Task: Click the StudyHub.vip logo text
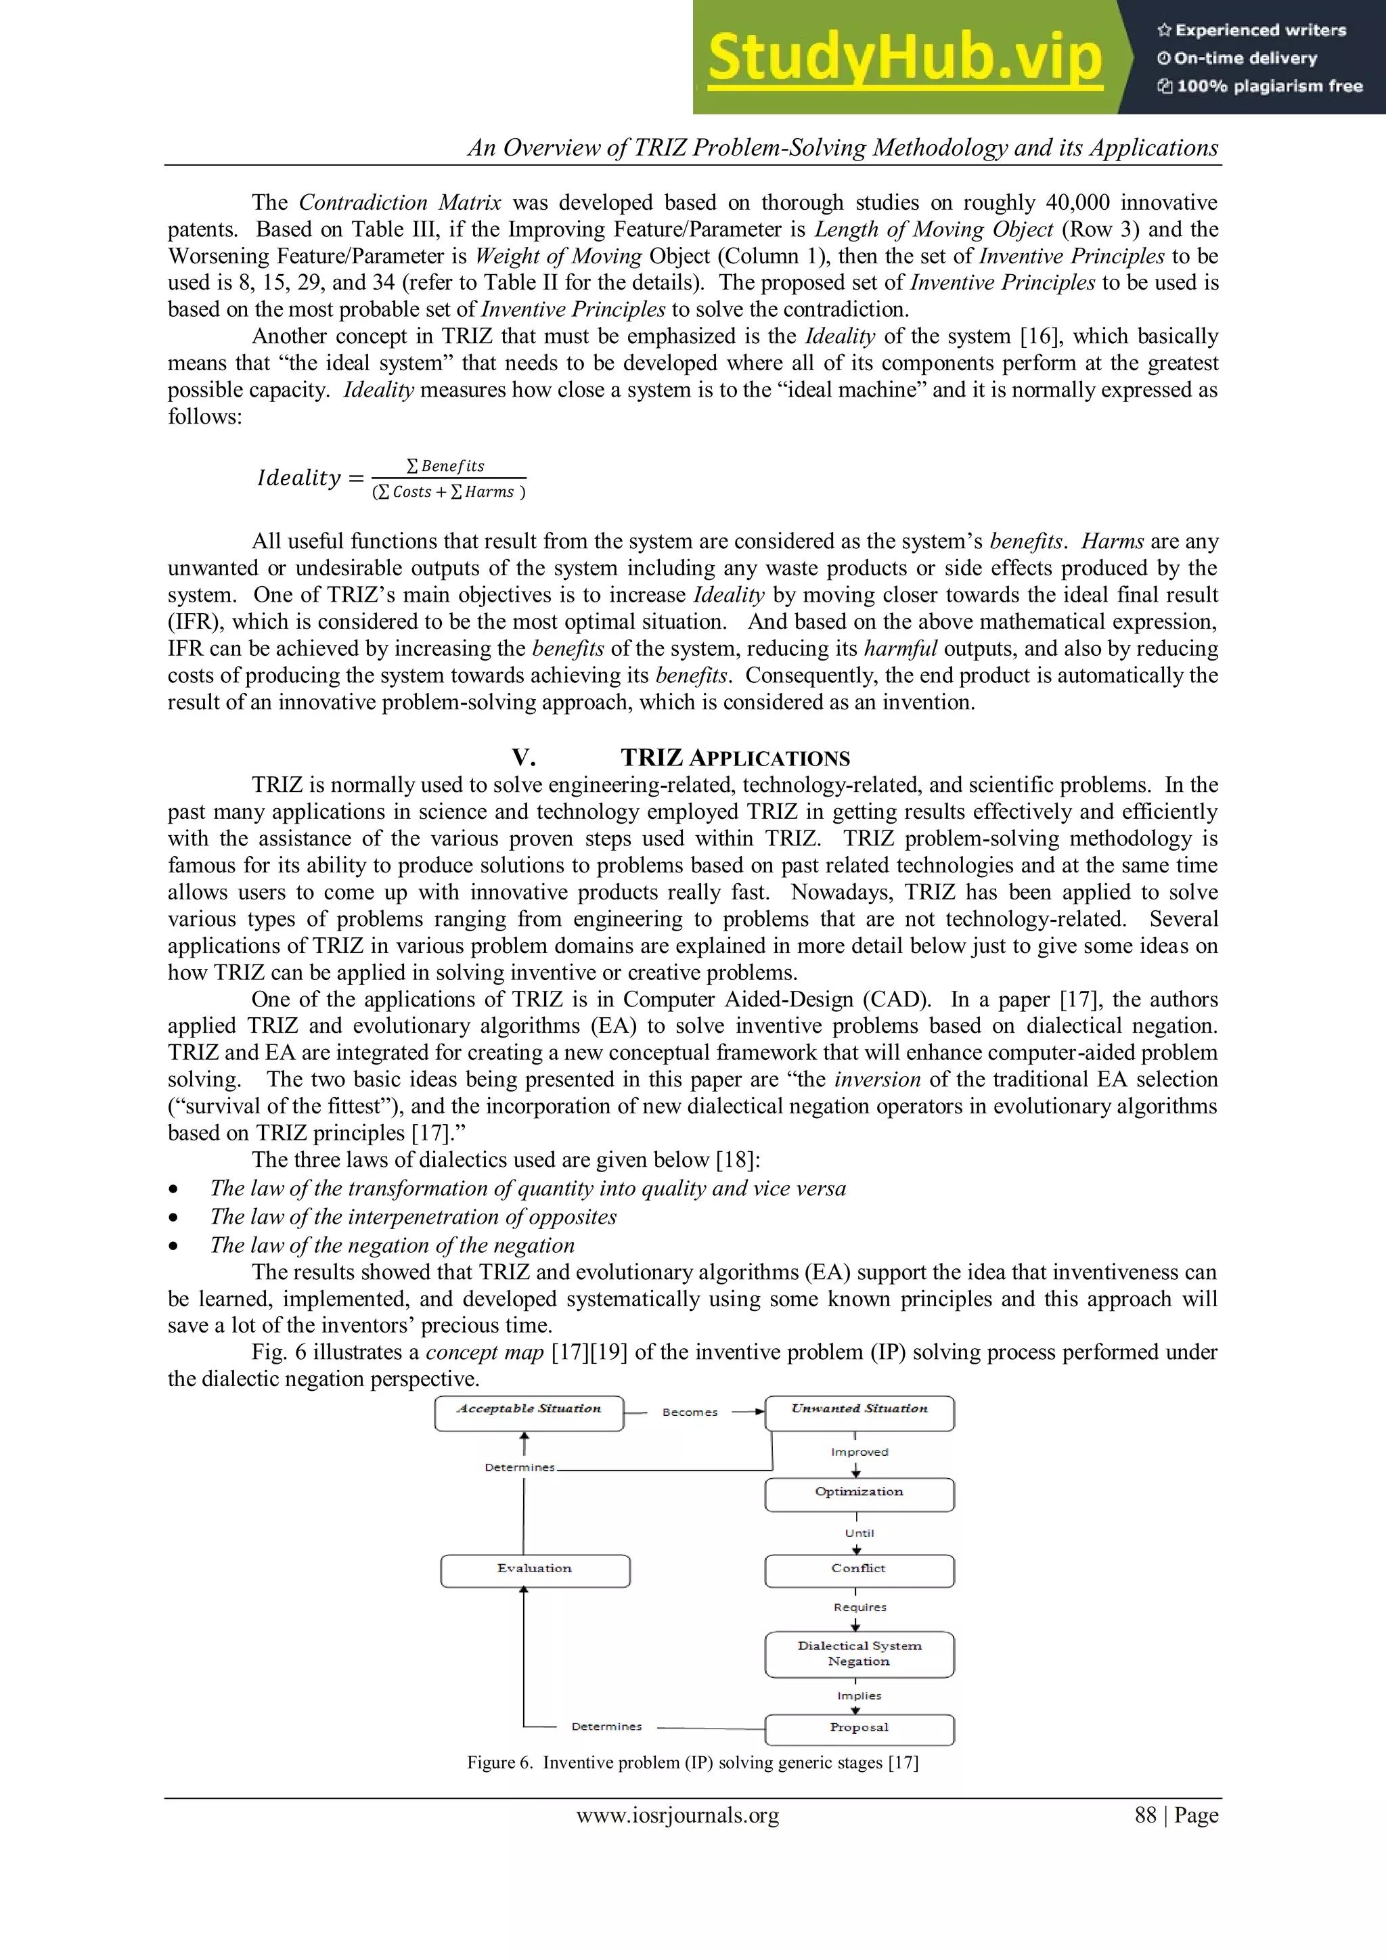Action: pyautogui.click(x=905, y=58)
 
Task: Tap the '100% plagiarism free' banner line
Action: pyautogui.click(x=1261, y=86)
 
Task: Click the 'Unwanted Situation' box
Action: pyautogui.click(x=859, y=1412)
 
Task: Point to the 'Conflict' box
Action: pyautogui.click(x=859, y=1571)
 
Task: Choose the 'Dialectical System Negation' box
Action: pyautogui.click(x=859, y=1653)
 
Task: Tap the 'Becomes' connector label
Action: pyautogui.click(x=690, y=1412)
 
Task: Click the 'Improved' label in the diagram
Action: pyautogui.click(x=859, y=1452)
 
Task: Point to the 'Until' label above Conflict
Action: pyautogui.click(x=859, y=1533)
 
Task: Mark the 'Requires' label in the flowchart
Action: pyautogui.click(x=859, y=1607)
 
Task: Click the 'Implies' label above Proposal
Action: pyautogui.click(x=859, y=1696)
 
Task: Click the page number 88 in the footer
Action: pyautogui.click(x=1145, y=1816)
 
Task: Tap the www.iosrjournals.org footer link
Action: pyautogui.click(x=677, y=1816)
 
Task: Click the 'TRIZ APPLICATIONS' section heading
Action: pyautogui.click(x=735, y=758)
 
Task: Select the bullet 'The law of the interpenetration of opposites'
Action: pyautogui.click(x=413, y=1218)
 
